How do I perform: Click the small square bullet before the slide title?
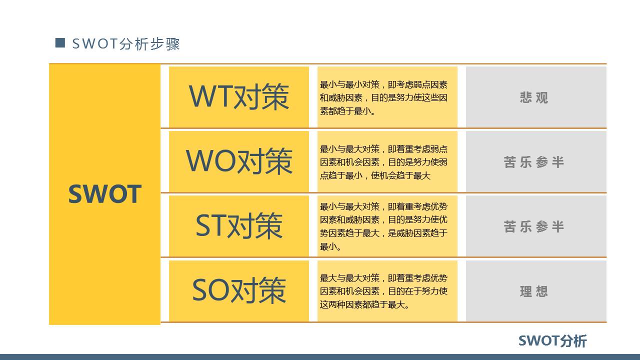(60, 43)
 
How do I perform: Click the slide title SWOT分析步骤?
(126, 44)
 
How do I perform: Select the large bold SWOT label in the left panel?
(104, 194)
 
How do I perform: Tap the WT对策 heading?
(239, 96)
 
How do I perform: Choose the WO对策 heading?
(239, 161)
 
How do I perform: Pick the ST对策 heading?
(239, 225)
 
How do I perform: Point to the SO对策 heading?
(239, 290)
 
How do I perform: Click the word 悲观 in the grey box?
(534, 97)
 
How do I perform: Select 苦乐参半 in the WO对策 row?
(534, 162)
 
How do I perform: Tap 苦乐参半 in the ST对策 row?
(534, 226)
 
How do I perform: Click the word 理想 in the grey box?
(534, 291)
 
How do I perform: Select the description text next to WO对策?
(383, 162)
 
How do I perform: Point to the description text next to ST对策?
(383, 226)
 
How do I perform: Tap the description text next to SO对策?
(383, 291)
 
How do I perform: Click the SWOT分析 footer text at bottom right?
(552, 341)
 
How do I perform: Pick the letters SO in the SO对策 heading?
(210, 290)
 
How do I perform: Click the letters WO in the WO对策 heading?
(209, 161)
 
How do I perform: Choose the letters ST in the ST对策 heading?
(210, 225)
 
